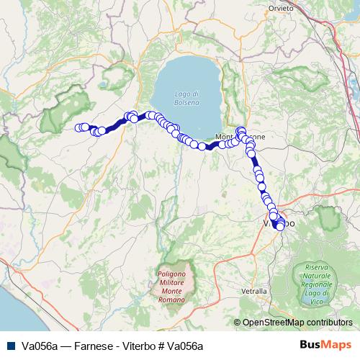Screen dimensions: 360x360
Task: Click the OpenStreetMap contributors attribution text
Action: coord(297,323)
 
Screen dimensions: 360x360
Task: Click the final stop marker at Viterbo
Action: coord(279,227)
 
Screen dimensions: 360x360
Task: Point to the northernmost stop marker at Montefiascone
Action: coord(240,130)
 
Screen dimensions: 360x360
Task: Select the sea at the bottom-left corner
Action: coord(11,317)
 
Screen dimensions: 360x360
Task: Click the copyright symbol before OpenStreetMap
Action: coord(238,323)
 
